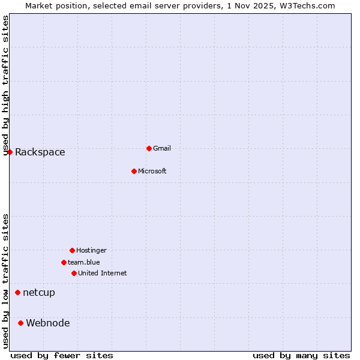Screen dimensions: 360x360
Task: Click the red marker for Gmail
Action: (x=149, y=148)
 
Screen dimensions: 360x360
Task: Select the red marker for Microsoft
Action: (x=134, y=171)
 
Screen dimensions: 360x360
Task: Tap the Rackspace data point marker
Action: (x=10, y=152)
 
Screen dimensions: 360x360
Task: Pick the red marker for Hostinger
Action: (x=72, y=250)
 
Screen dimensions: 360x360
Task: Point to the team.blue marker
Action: (x=64, y=262)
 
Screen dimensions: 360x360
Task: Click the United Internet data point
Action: (x=74, y=273)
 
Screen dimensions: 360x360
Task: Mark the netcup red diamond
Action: (x=17, y=293)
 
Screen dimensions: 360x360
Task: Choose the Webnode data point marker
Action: (x=20, y=323)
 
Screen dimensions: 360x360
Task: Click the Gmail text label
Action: (x=162, y=148)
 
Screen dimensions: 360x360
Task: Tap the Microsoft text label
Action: (x=152, y=171)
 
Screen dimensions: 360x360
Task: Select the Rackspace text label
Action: (x=40, y=152)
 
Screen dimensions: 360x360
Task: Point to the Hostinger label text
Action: (x=91, y=250)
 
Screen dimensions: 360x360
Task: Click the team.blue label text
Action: (x=84, y=262)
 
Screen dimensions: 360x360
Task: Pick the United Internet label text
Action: (x=103, y=273)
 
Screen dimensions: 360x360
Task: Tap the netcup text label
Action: (x=39, y=293)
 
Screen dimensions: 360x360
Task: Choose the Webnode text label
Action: (x=48, y=323)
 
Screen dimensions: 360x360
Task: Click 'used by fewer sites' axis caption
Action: (x=62, y=355)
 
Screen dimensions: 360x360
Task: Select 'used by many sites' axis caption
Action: (x=301, y=355)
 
